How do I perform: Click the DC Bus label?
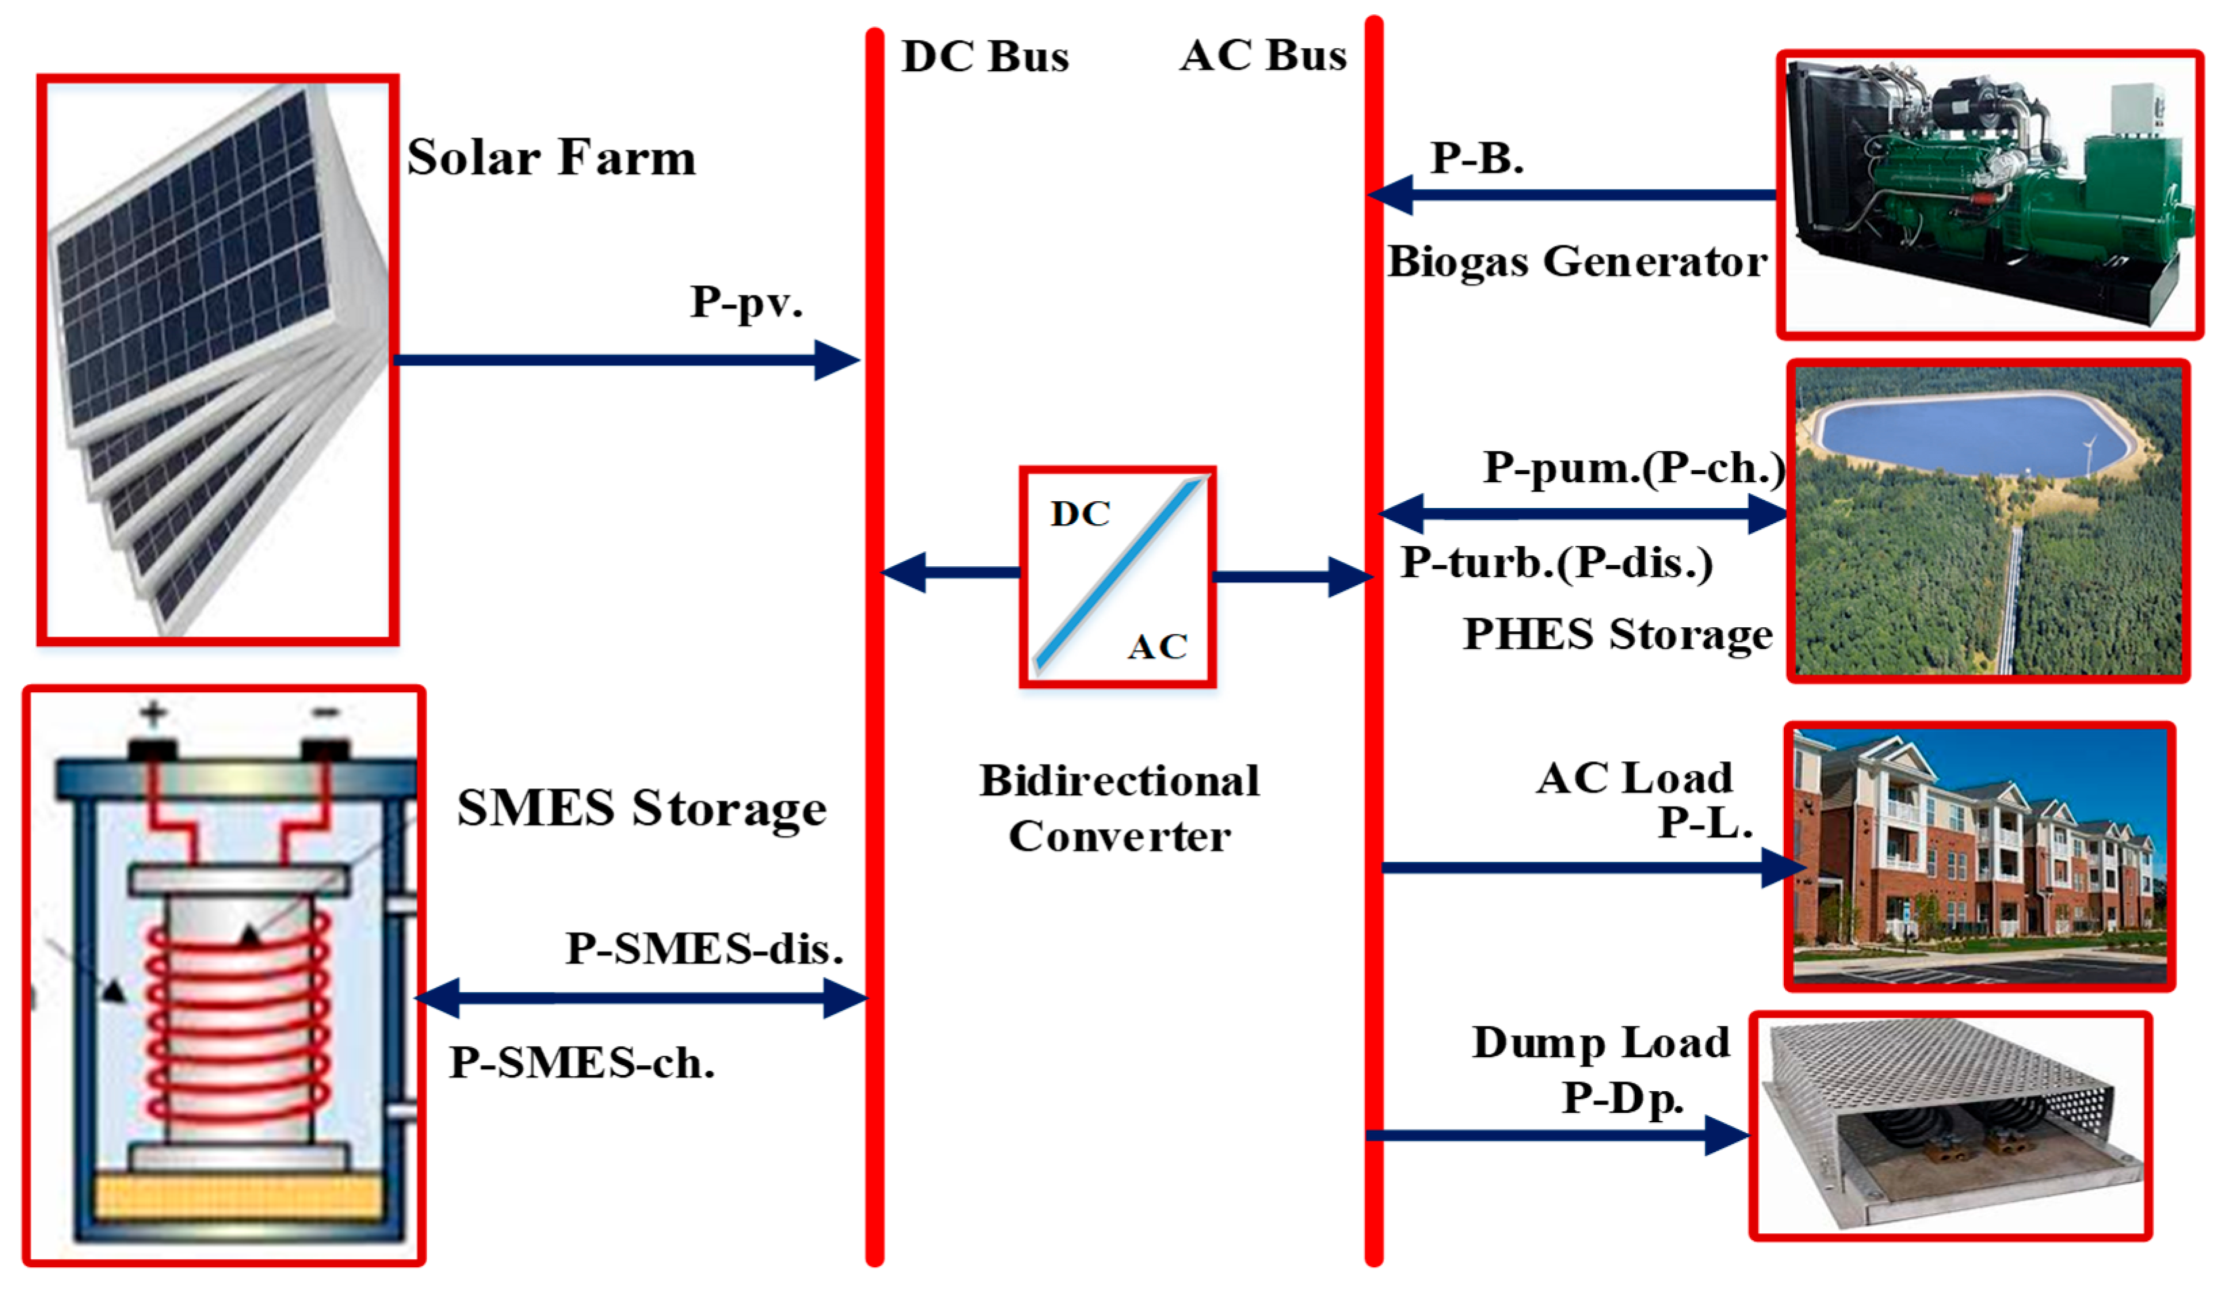(x=984, y=57)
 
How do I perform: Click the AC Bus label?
(x=1264, y=56)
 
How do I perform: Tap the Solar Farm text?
(x=551, y=158)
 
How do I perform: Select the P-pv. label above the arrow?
(x=745, y=303)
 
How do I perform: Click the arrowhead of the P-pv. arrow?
(x=837, y=360)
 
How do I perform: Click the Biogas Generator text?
(x=1577, y=262)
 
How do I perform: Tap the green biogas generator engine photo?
(x=1983, y=186)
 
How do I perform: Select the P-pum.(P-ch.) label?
(x=1633, y=467)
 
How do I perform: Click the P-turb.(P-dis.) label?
(x=1556, y=563)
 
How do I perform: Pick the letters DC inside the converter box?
(x=1080, y=514)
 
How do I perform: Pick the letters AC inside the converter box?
(x=1157, y=647)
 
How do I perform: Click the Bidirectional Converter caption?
(x=1119, y=808)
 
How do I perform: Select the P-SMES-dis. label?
(x=704, y=949)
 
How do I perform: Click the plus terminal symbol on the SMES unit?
(x=153, y=713)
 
